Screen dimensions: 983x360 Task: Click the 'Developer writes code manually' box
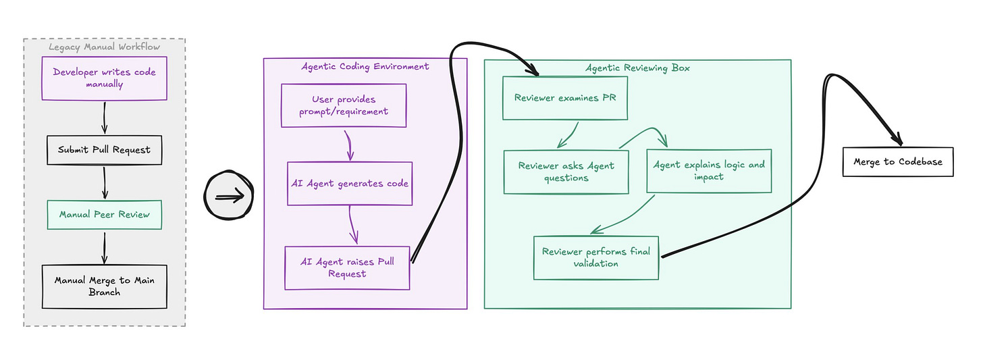[x=105, y=78]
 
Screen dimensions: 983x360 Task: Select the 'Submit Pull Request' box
[x=105, y=150]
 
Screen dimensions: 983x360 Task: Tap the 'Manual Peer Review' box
[x=105, y=215]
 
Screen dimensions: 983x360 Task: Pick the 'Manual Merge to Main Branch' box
[x=105, y=286]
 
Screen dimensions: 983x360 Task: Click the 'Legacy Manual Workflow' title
[x=105, y=47]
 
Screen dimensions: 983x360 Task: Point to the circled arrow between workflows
[x=229, y=195]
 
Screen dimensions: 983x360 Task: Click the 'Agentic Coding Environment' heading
[x=365, y=67]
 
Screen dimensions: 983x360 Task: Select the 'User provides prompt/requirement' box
[x=344, y=105]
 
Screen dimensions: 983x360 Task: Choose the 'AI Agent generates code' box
[x=350, y=184]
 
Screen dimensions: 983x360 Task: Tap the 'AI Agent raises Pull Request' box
[x=347, y=267]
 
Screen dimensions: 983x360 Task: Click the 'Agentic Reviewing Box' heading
[x=637, y=68]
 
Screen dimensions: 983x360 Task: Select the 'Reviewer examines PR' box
[x=565, y=98]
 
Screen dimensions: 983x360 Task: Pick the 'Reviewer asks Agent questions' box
[x=566, y=172]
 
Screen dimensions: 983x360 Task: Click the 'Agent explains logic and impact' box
[x=709, y=171]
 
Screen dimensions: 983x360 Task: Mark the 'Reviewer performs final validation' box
[x=596, y=258]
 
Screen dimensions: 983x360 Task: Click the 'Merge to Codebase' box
[x=899, y=162]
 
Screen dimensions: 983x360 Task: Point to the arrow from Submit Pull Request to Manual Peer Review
[x=105, y=182]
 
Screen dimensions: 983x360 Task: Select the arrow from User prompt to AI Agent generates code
[x=350, y=145]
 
